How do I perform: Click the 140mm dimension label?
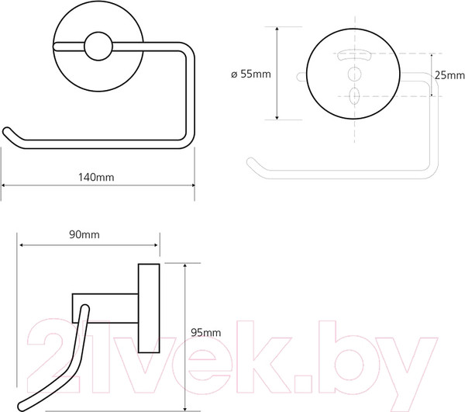[96, 177]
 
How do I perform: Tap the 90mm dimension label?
[84, 234]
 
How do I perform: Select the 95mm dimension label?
[206, 332]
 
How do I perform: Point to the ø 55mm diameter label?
[251, 74]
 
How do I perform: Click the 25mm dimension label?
[449, 75]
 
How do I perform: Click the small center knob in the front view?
[98, 47]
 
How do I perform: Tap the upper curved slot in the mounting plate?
[355, 56]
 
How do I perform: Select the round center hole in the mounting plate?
[354, 74]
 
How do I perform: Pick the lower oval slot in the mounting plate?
[354, 96]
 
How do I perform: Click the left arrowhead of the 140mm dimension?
[4, 185]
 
